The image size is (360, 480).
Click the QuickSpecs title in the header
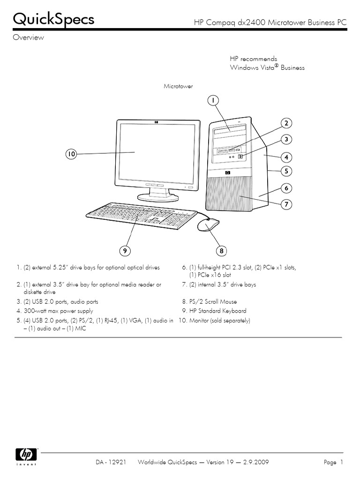(53, 20)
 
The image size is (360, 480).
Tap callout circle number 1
(212, 100)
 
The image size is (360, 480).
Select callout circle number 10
(71, 154)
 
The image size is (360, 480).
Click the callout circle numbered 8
(222, 251)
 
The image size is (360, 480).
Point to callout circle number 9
(125, 251)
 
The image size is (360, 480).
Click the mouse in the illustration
(208, 225)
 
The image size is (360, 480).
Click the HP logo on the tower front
(228, 172)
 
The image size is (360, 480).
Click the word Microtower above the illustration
(178, 87)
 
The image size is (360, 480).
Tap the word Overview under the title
(28, 38)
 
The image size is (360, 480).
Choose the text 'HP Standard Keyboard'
(217, 311)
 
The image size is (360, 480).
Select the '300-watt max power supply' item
(58, 311)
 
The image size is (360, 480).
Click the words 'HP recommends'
(253, 59)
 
